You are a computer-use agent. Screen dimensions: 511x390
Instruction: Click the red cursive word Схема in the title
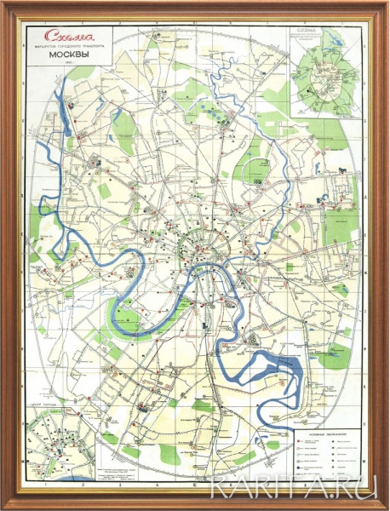coord(67,37)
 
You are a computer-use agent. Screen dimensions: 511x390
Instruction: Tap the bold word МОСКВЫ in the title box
coord(66,57)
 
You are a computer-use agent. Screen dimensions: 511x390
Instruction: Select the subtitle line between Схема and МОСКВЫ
coord(67,48)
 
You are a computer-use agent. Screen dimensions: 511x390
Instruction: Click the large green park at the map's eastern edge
coord(341,226)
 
